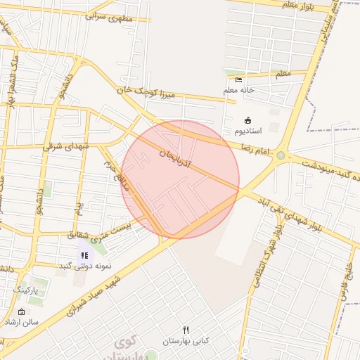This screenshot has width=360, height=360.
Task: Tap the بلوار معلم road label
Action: tap(296, 5)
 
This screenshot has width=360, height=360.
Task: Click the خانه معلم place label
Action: tap(239, 90)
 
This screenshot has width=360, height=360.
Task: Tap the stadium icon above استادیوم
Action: tap(247, 120)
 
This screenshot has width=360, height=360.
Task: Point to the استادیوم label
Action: tap(247, 131)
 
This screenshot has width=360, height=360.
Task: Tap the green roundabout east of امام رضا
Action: tap(281, 155)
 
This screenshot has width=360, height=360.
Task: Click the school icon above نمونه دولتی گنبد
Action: tap(84, 255)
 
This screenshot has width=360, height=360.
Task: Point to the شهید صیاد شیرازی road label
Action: tap(98, 293)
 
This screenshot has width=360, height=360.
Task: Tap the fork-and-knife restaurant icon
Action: tap(186, 329)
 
